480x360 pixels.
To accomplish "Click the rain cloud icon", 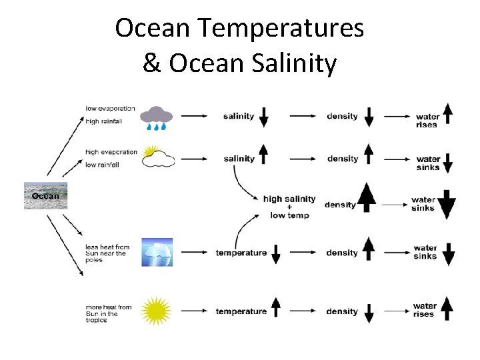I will point(156,117).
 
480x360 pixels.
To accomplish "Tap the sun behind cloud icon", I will point(158,157).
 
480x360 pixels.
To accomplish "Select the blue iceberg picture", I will point(157,252).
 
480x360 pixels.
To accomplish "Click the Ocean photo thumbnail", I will point(46,195).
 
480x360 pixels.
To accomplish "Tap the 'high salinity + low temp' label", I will point(289,207).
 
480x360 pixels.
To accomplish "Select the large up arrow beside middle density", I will point(367,198).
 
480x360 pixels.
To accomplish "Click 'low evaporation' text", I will point(111,108).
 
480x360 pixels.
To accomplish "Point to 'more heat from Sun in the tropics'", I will point(108,313).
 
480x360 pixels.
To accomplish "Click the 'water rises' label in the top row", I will point(427,121).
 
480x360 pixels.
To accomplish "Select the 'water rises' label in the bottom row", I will point(424,310).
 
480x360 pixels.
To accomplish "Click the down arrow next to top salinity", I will point(264,117).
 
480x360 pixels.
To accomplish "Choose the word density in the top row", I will point(342,116).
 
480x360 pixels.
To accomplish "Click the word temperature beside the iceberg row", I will point(241,253).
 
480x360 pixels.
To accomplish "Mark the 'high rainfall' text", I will point(103,121).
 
